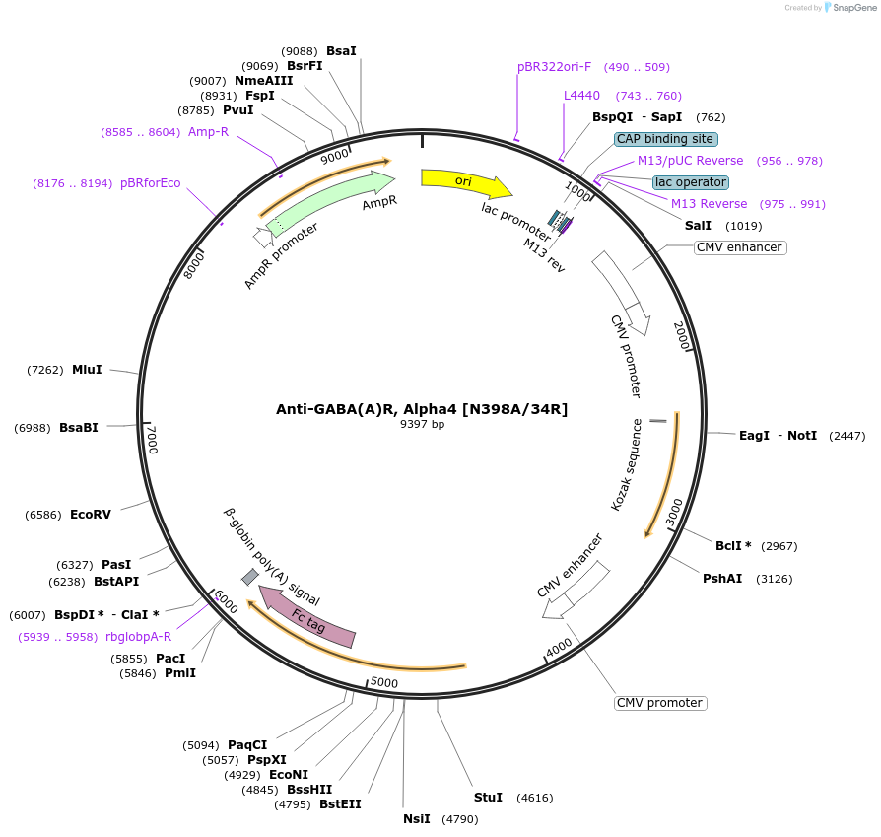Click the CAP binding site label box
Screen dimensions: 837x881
(665, 139)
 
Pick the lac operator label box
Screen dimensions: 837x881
(691, 182)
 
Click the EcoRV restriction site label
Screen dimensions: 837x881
(91, 515)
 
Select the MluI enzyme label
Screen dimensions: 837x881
(87, 370)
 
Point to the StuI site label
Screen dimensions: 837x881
(488, 797)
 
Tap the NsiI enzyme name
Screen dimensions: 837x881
(417, 818)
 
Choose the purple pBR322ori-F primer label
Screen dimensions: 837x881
(555, 67)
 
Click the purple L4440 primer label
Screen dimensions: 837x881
(581, 96)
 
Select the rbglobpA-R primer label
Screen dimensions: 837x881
(139, 637)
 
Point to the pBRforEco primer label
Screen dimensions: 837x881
(151, 183)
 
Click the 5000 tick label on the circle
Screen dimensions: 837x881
(383, 682)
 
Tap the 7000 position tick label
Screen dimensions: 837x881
(152, 440)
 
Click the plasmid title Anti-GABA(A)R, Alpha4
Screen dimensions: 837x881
(422, 409)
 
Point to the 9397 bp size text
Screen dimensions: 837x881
(422, 425)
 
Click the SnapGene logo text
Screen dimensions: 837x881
(853, 8)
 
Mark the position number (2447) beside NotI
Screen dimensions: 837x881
(847, 436)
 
